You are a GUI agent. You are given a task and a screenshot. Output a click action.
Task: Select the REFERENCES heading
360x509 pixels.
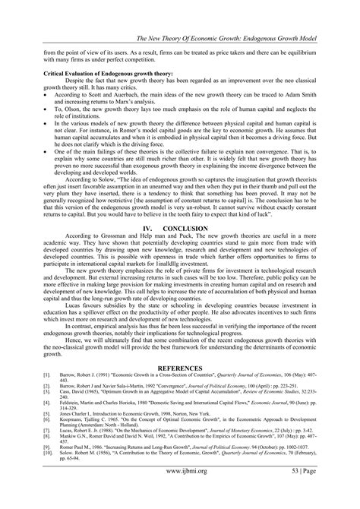pos(179,389)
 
